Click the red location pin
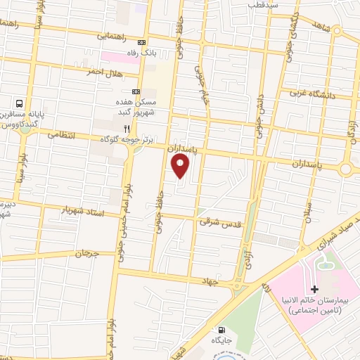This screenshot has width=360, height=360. [181, 166]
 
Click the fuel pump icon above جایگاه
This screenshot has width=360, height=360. [223, 330]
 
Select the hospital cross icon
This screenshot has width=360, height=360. [314, 289]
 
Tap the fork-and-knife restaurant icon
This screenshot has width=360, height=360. [127, 129]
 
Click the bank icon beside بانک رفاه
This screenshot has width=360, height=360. [143, 41]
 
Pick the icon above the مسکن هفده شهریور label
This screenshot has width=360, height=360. [136, 91]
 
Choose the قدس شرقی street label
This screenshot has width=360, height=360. [214, 221]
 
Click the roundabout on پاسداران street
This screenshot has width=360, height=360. [346, 169]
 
